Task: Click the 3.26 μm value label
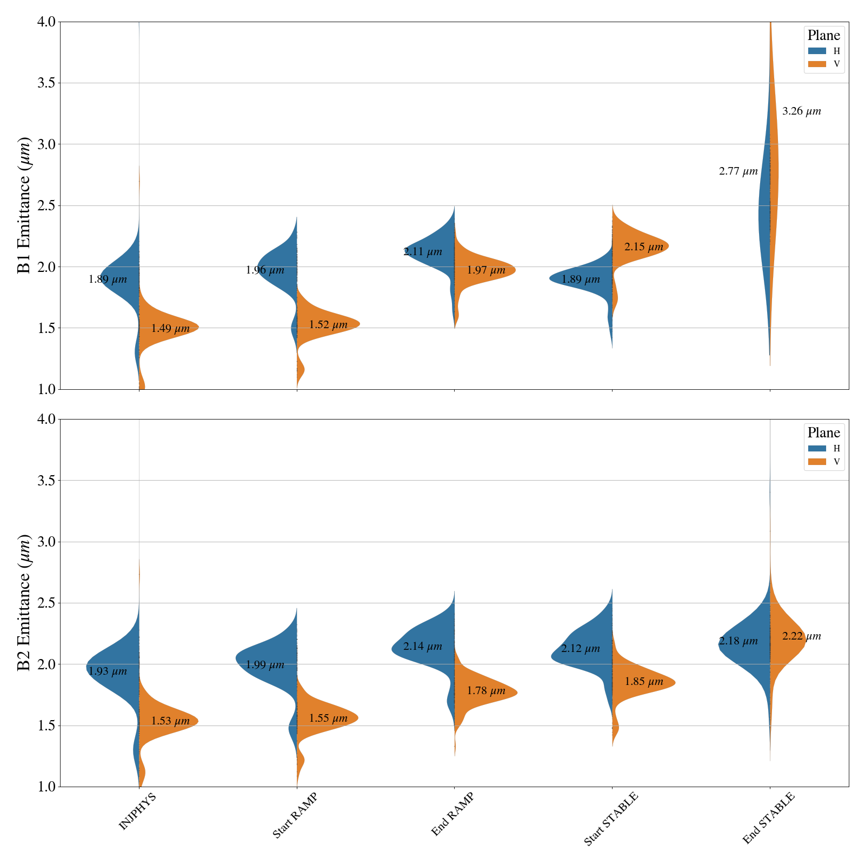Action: [801, 111]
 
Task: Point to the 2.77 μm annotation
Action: [738, 171]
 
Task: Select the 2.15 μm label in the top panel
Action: [643, 247]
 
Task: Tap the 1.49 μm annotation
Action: [170, 328]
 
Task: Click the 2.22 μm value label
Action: [801, 636]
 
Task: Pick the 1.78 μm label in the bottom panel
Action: [486, 690]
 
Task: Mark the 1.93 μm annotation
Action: [108, 671]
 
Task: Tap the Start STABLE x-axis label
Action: [611, 819]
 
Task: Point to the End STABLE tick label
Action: [768, 819]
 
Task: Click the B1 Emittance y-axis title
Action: [24, 205]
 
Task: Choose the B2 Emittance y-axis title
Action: [24, 603]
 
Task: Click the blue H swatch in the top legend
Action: [817, 51]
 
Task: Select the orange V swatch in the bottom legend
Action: [817, 462]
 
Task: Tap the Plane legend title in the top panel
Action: [823, 36]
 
